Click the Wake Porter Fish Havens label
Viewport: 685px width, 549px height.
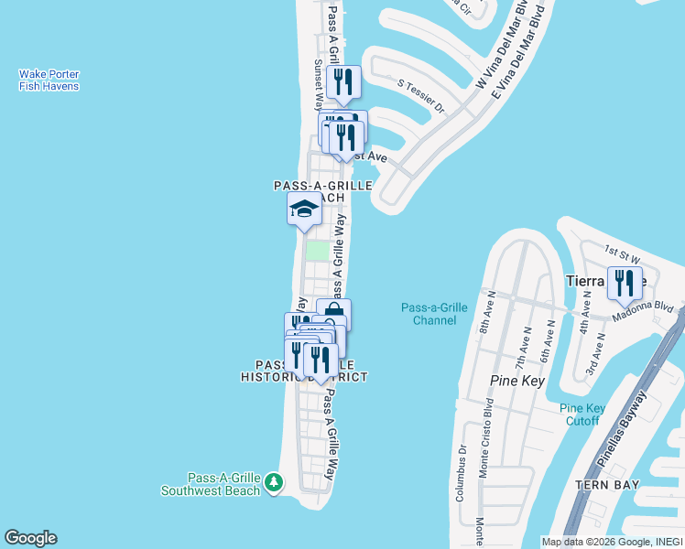(49, 80)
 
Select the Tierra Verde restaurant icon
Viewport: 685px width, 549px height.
(625, 283)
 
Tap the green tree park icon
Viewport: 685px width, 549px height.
(273, 482)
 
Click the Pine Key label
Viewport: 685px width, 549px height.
(518, 380)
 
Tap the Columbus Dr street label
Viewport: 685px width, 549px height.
(462, 472)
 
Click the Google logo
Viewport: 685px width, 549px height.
(30, 538)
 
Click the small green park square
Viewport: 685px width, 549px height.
(316, 251)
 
